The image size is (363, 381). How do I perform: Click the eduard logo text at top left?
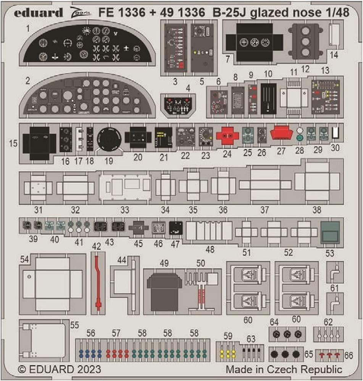click(x=39, y=13)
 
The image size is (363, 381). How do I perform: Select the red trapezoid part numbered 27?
click(x=281, y=134)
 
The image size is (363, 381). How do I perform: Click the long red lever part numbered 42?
click(x=98, y=281)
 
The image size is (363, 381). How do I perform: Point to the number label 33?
click(x=124, y=210)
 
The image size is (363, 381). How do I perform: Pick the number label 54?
click(x=25, y=259)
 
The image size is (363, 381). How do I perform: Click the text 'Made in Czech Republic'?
click(x=284, y=370)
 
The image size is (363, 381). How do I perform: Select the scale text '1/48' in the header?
click(x=338, y=13)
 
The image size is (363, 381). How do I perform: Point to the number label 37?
click(x=265, y=210)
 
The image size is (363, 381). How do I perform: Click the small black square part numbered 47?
click(x=176, y=228)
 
